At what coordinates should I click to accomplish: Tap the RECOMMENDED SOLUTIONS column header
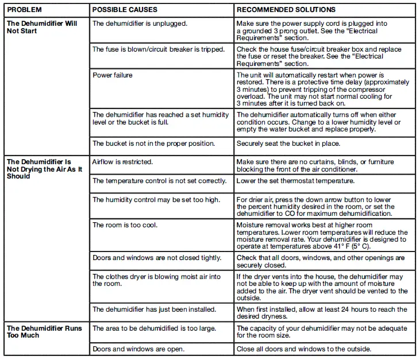[x=286, y=10]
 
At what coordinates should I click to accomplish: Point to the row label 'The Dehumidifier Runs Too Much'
[x=44, y=332]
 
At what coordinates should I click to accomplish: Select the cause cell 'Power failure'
[x=113, y=75]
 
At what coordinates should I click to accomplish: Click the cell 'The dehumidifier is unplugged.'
[x=140, y=24]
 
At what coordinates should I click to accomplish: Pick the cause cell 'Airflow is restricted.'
[x=122, y=162]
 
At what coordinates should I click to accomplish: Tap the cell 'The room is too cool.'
[x=125, y=225]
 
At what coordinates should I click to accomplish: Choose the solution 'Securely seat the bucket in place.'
[x=288, y=144]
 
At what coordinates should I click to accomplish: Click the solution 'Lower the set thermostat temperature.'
[x=295, y=181]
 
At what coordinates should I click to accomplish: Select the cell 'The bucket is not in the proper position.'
[x=153, y=144]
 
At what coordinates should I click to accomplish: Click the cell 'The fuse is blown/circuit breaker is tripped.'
[x=159, y=49]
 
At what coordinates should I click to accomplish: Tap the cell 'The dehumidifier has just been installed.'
[x=154, y=309]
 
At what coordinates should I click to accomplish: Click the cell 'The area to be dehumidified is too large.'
[x=154, y=328]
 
